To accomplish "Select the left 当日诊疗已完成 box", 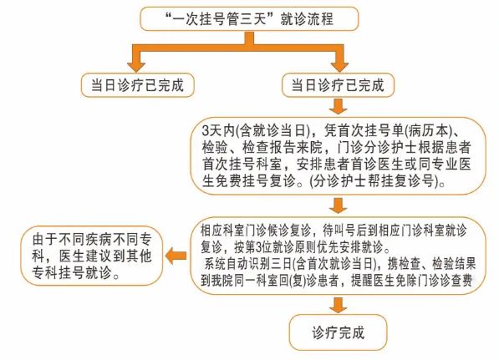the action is pos(137,85).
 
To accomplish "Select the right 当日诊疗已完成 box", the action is pos(338,85).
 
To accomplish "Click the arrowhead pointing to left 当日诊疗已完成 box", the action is pos(136,67).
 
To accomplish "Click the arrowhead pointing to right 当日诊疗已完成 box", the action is pos(339,67).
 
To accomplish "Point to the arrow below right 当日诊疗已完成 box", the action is pos(338,106).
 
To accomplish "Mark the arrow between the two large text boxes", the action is pos(338,205).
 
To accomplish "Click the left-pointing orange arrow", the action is pos(176,256).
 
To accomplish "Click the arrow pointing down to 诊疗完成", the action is pos(338,306).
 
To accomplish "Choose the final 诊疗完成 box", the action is pos(338,332).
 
